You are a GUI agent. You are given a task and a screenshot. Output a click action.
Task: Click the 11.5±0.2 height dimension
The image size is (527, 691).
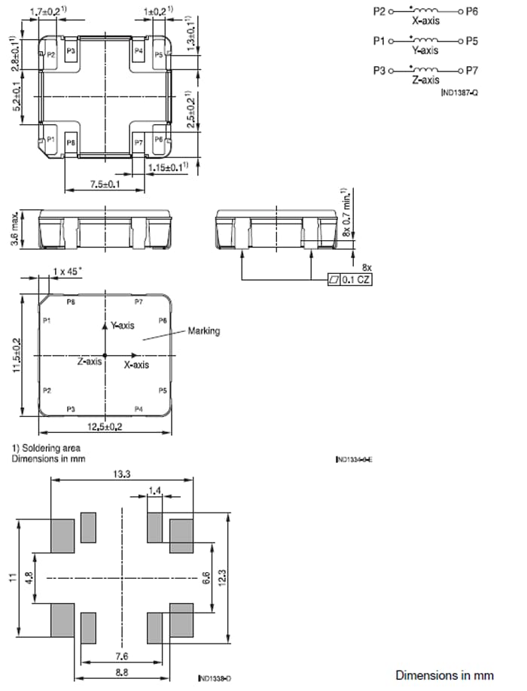[x=17, y=355]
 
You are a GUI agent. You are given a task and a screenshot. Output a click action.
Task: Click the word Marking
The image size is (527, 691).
[x=203, y=331]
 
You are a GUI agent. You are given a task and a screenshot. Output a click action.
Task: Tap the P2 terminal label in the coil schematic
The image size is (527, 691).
[x=379, y=11]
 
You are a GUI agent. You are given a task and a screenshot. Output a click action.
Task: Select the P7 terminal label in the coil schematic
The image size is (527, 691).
[x=472, y=70]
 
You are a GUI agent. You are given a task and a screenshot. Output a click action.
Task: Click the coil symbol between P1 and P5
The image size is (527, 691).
[x=425, y=41]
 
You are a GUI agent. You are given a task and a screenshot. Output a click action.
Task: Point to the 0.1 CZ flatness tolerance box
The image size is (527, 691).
[x=352, y=280]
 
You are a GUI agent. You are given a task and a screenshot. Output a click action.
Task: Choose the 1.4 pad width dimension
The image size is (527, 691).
[x=155, y=491]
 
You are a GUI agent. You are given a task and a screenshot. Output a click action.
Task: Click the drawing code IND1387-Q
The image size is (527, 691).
[x=460, y=91]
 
